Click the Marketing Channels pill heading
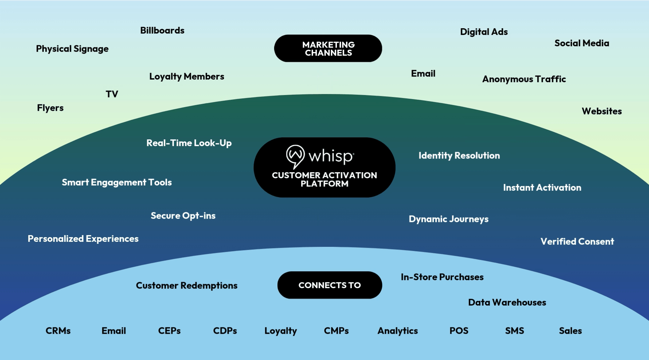click(328, 48)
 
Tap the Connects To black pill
click(330, 285)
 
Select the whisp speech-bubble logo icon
click(295, 156)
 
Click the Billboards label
click(162, 31)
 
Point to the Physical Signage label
click(72, 49)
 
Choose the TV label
click(112, 94)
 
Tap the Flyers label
click(50, 108)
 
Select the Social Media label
click(581, 43)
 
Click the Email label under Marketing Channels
click(423, 74)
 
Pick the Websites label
click(602, 111)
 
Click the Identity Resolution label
click(459, 155)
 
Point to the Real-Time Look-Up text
click(189, 143)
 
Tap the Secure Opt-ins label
click(183, 216)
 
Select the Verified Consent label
click(577, 241)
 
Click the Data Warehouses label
click(507, 302)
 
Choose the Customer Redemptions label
click(186, 285)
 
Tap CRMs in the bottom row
click(58, 331)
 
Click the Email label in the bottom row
click(114, 331)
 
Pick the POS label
click(459, 331)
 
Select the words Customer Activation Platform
click(324, 179)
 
